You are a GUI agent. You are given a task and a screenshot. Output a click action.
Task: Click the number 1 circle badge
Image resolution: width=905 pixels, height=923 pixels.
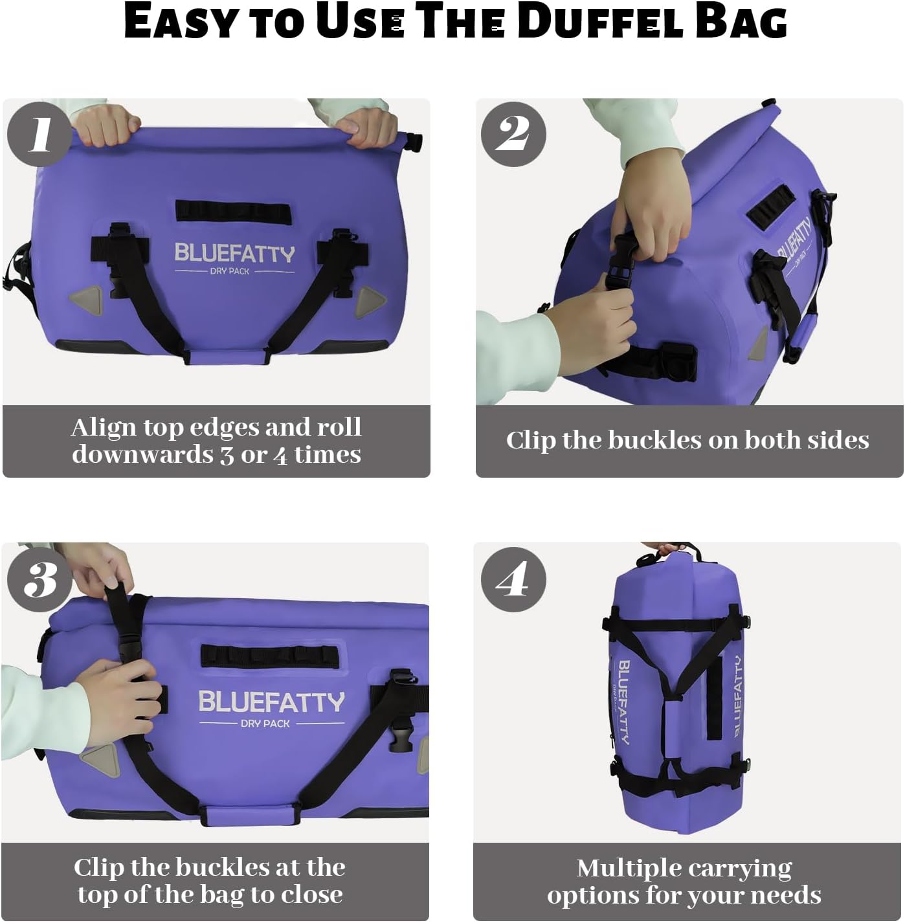(x=39, y=134)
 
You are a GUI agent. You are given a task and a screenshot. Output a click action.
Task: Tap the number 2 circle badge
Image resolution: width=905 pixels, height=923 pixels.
(x=513, y=134)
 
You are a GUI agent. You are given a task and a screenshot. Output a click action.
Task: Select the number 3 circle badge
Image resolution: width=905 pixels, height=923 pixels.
(x=39, y=579)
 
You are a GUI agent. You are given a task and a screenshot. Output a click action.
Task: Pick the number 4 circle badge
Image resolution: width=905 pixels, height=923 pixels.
(x=513, y=579)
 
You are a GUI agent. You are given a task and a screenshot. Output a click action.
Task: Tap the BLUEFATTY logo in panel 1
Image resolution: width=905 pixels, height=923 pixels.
(x=234, y=253)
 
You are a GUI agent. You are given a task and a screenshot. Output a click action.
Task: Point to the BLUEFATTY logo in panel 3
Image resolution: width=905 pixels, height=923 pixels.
(x=271, y=702)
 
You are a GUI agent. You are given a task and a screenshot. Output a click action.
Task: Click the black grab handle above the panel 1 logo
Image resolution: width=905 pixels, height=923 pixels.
(x=233, y=211)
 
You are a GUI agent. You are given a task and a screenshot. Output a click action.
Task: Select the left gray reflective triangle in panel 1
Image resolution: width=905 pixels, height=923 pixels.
(x=86, y=299)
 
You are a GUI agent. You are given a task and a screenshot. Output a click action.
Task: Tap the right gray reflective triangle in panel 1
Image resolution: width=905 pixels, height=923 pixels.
(x=370, y=300)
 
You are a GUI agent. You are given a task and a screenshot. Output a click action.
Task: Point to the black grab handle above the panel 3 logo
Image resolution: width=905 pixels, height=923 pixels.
(x=270, y=656)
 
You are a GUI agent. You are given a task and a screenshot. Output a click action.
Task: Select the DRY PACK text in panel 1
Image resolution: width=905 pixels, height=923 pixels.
(x=230, y=271)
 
